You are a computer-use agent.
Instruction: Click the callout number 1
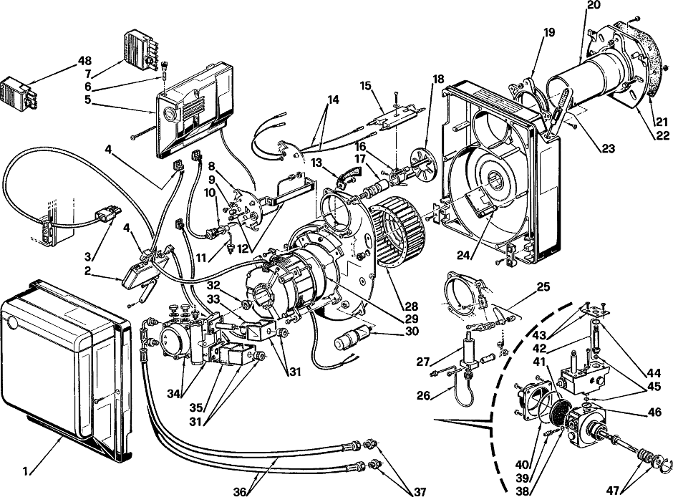[25, 472]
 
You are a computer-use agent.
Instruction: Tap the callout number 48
[84, 61]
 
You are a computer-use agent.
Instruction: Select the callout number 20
[594, 5]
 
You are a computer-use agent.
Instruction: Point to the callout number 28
[411, 307]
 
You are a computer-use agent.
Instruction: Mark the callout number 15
[366, 85]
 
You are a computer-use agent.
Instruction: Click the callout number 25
[543, 286]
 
